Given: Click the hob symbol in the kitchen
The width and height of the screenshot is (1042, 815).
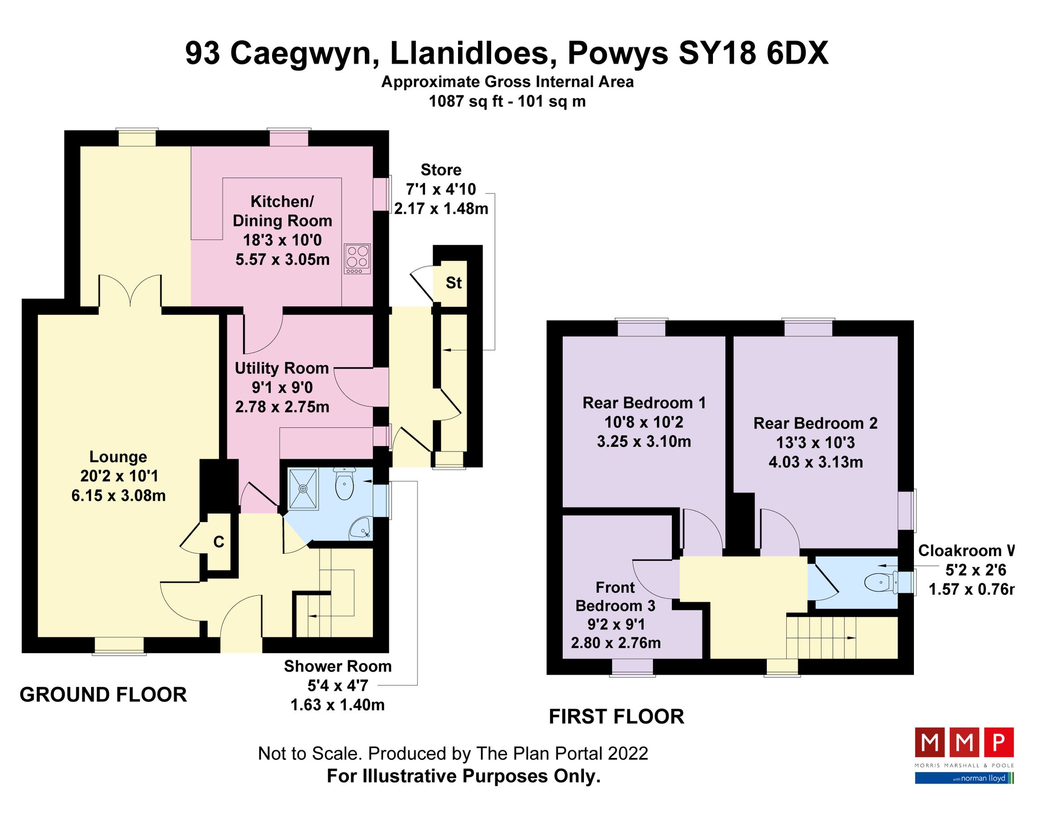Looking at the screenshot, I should [x=357, y=259].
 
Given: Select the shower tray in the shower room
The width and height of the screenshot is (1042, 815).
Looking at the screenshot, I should [x=303, y=489].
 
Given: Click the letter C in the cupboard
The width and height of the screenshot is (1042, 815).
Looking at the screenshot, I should [x=219, y=542].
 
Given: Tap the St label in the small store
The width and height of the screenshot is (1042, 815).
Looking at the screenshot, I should [x=453, y=283].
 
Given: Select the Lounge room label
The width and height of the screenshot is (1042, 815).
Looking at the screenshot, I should [x=118, y=457].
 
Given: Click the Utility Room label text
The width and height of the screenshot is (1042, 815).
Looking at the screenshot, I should [x=282, y=369].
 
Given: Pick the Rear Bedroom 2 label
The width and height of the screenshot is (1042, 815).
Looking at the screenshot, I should [x=815, y=423].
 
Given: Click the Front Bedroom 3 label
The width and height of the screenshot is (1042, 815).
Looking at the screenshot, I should [x=615, y=596].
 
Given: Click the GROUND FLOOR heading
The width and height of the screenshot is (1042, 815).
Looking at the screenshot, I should [x=103, y=695].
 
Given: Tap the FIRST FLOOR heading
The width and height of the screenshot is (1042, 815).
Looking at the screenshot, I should [x=617, y=717].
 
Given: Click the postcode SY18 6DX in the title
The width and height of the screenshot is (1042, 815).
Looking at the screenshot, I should [x=753, y=53].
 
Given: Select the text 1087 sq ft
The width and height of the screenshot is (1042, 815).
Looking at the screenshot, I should [x=466, y=101].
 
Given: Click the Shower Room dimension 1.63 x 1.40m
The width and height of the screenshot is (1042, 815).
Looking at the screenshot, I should [x=337, y=705].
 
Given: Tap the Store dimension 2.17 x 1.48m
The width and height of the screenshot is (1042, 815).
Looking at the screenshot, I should [x=441, y=209].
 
